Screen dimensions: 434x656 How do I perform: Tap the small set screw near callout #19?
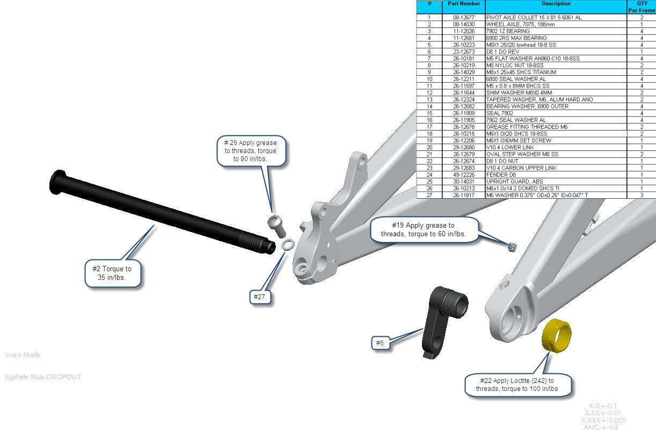coord(511,247)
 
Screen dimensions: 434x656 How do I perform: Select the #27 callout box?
coord(260,297)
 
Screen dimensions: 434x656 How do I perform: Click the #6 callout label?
coord(380,343)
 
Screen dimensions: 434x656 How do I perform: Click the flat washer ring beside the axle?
coord(287,245)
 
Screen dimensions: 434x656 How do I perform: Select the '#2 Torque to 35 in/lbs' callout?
coord(113,273)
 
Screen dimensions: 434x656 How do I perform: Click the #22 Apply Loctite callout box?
coord(517,385)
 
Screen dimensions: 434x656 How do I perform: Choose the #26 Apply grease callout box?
coord(250,151)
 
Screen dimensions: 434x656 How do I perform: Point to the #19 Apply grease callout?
coord(423,229)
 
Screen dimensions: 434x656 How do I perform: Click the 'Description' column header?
coord(556,4)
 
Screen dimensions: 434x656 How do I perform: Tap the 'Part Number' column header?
coord(463,4)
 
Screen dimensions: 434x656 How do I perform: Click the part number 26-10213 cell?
coord(463,188)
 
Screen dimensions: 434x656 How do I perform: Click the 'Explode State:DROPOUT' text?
coord(43,377)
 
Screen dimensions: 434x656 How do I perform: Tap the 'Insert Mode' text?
coord(23,355)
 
